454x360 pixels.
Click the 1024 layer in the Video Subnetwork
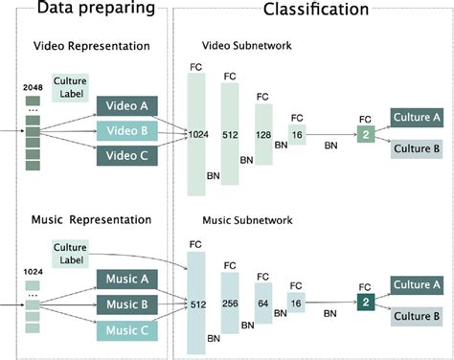click(198, 133)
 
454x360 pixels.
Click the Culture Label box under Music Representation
click(72, 253)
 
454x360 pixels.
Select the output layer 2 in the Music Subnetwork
click(363, 302)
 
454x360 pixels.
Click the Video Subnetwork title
click(246, 45)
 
